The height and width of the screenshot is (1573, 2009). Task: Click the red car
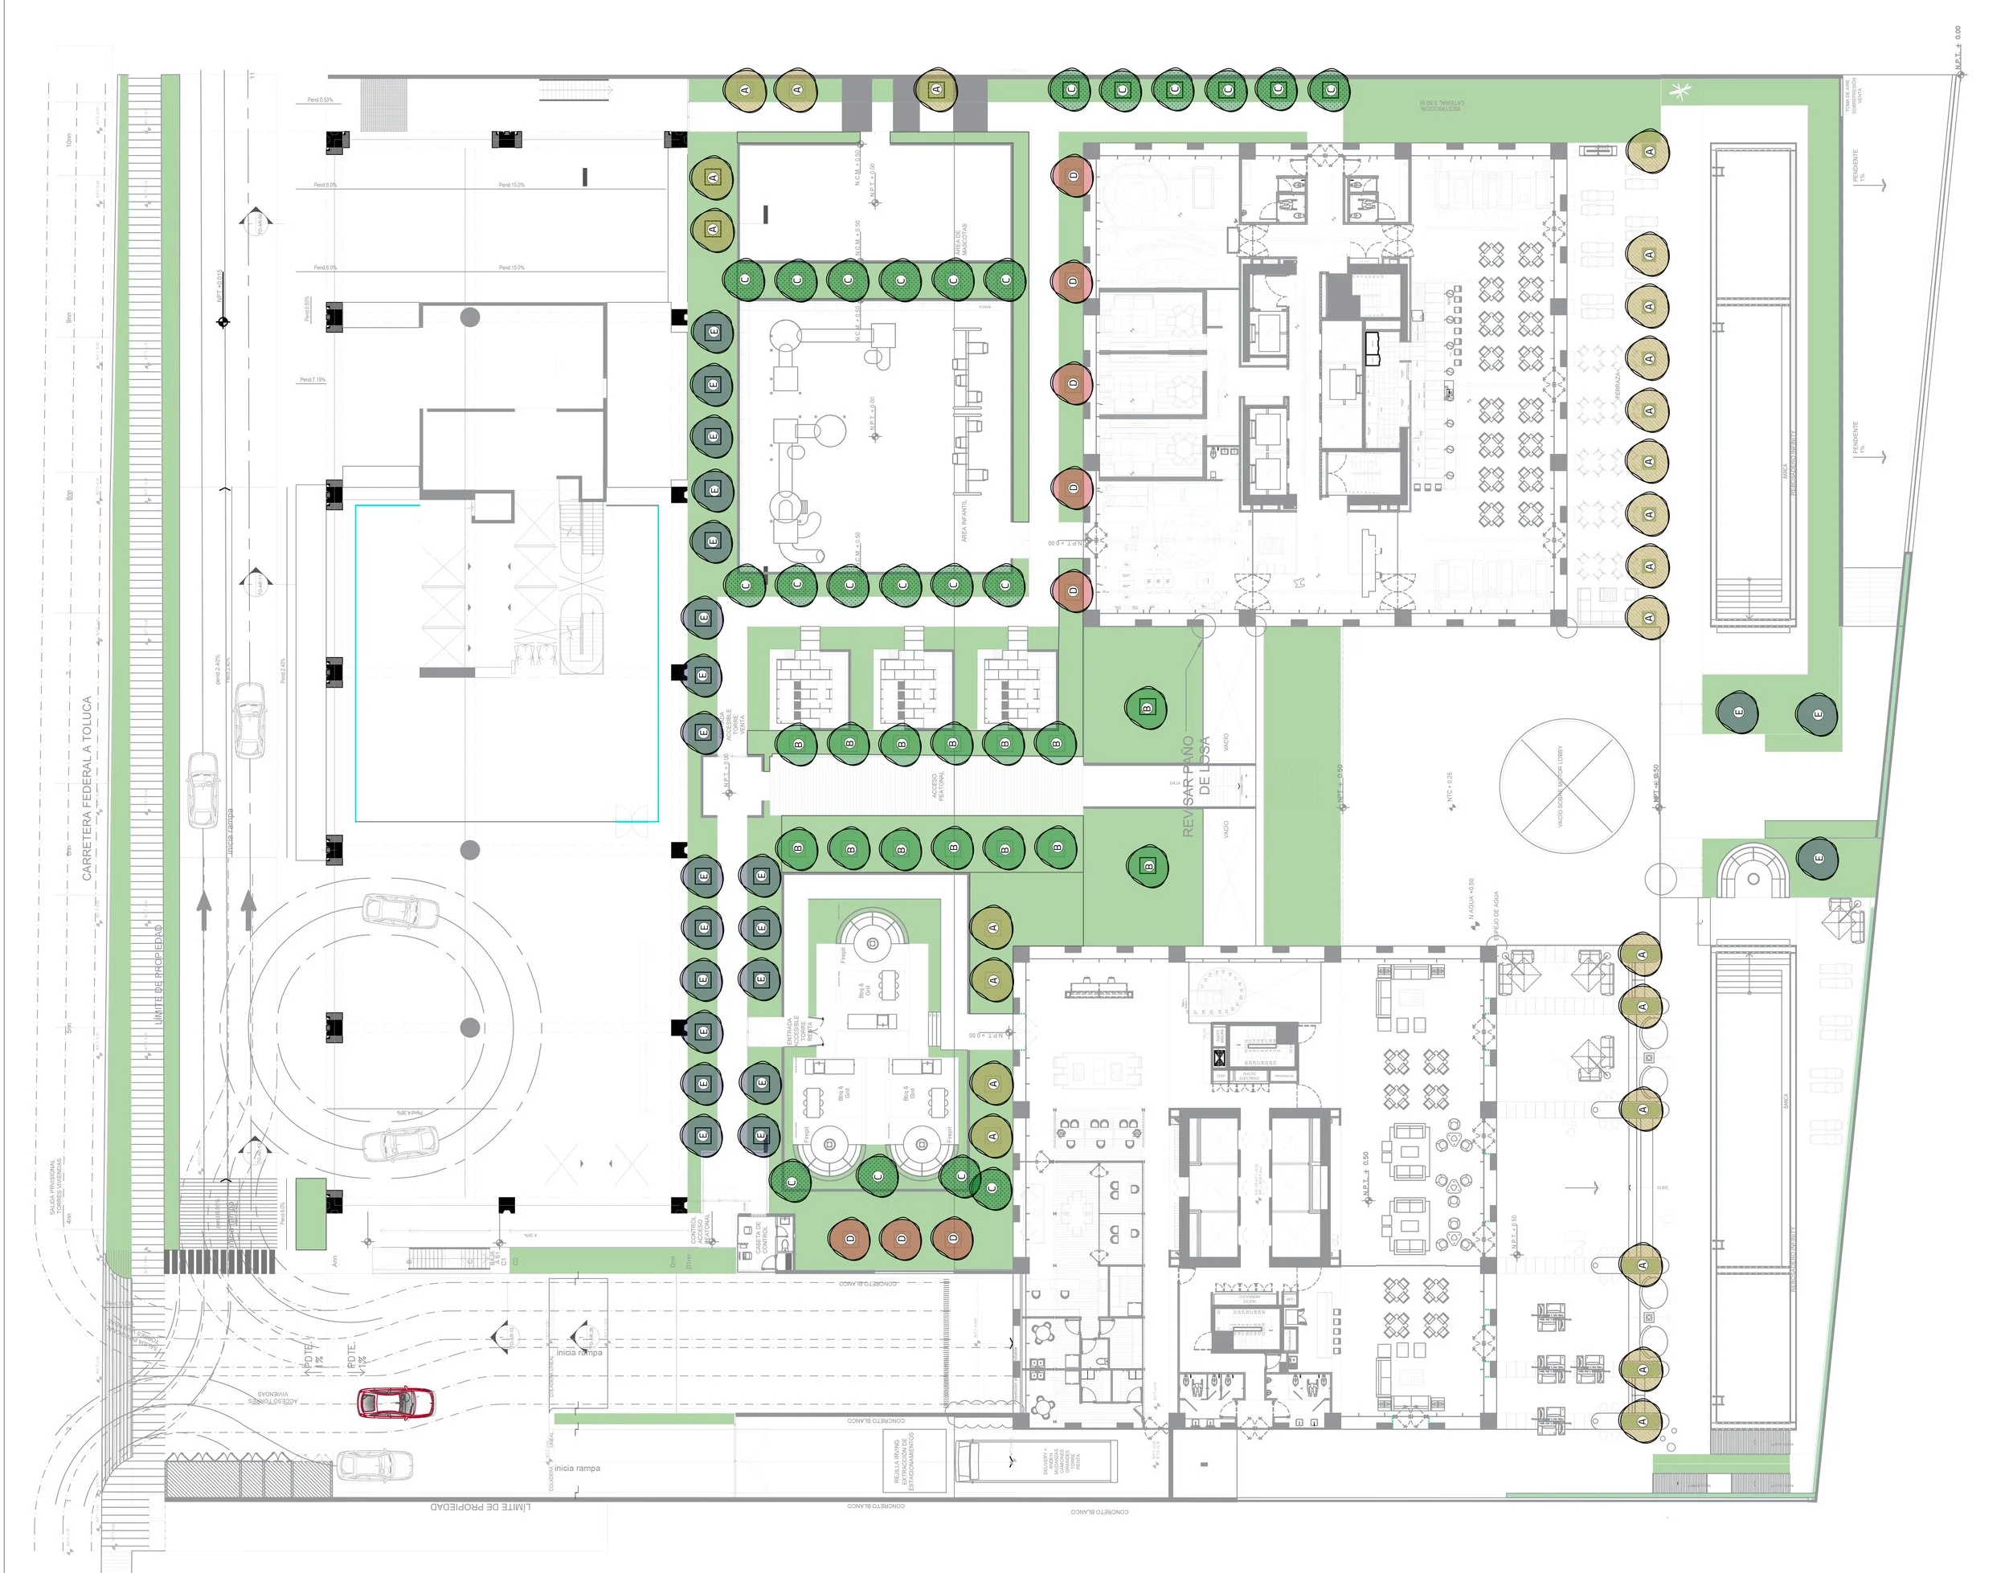395,1402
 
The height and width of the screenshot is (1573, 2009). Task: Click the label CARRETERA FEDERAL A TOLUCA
88,787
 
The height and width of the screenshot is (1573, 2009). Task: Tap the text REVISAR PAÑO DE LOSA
1196,786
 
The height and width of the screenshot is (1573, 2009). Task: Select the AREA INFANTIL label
964,521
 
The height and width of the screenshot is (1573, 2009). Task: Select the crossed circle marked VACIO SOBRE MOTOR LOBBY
1566,786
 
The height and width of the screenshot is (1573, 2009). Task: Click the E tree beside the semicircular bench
1818,858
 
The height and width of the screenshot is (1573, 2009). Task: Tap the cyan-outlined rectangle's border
355,663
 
